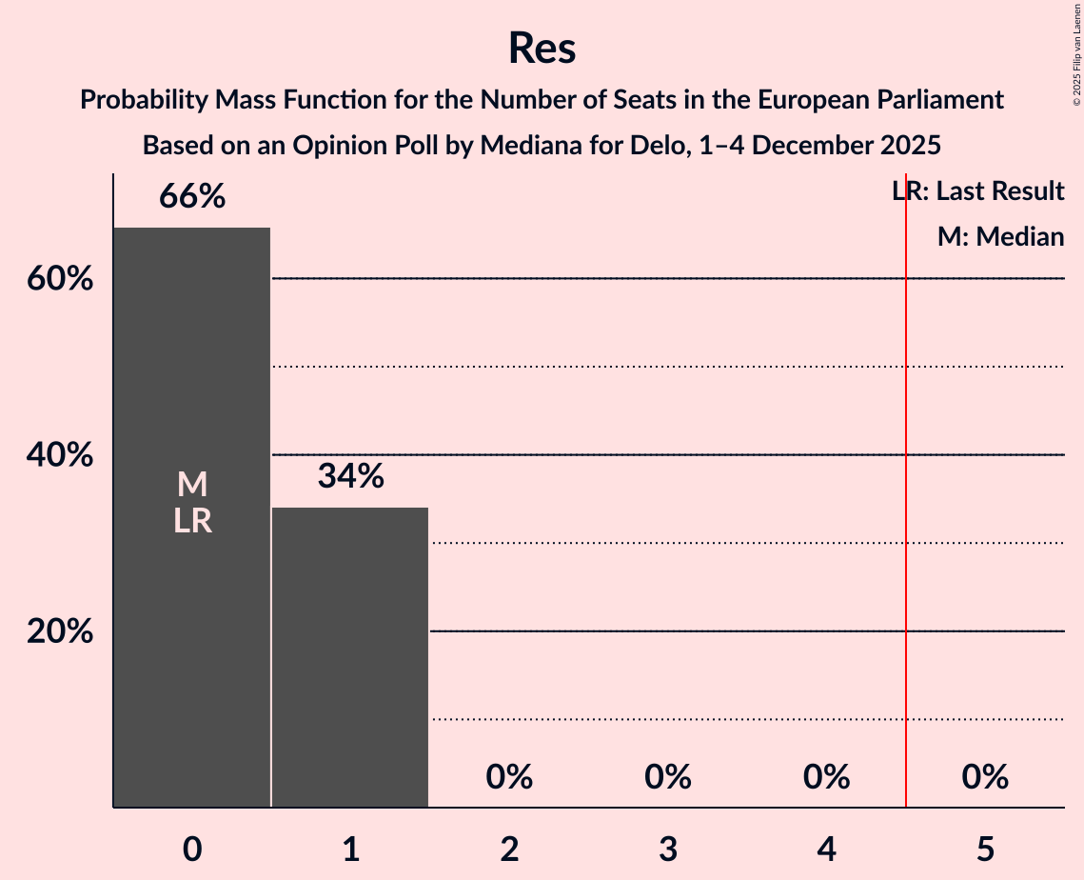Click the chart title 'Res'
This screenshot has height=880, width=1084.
pos(542,48)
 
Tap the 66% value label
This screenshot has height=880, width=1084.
pos(192,197)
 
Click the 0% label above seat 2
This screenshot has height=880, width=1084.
pos(509,777)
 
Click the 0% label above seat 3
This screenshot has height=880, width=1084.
pos(668,777)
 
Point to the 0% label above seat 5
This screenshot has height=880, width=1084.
pos(985,777)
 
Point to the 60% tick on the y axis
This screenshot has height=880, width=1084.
pos(60,280)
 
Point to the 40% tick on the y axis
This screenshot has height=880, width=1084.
pos(60,456)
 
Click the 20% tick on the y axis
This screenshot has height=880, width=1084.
pos(60,632)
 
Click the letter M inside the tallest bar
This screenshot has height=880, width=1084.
pos(192,486)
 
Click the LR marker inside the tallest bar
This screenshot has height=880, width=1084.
pos(192,522)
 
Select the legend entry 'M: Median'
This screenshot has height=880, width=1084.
pos(1000,237)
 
